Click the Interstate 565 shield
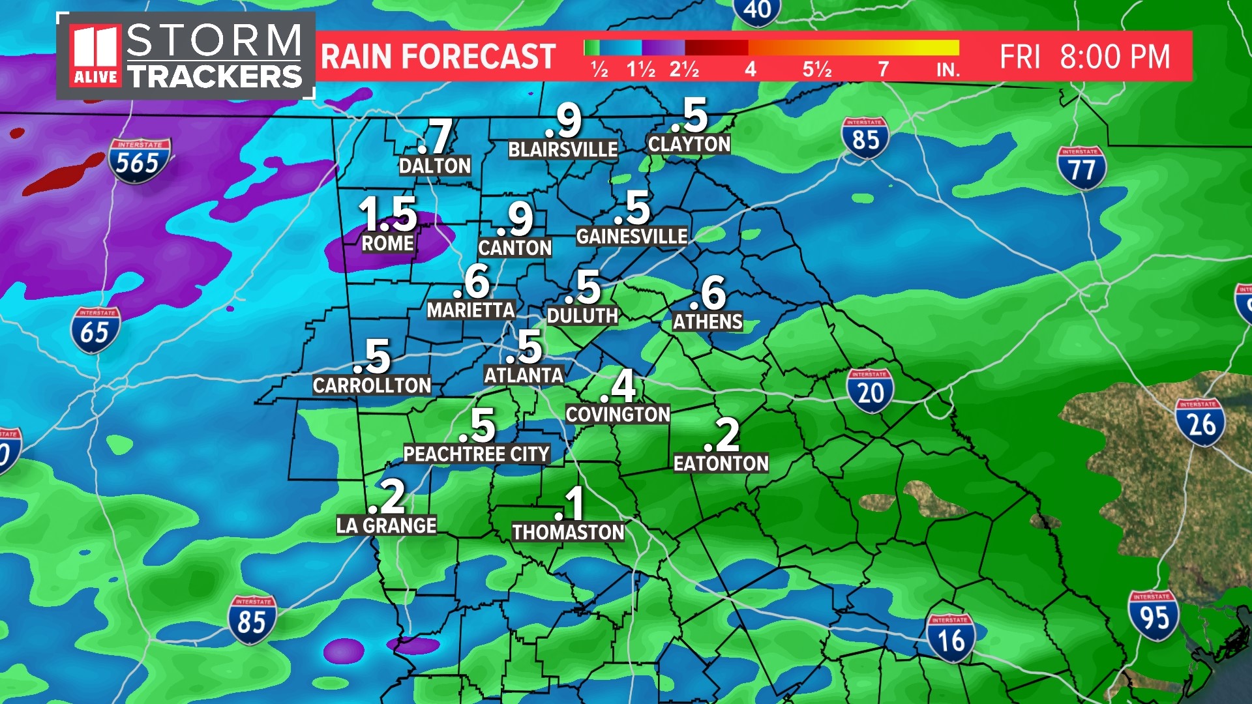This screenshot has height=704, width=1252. tap(139, 160)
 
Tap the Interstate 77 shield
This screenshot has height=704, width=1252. tap(1081, 168)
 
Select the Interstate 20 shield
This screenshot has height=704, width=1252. tap(870, 390)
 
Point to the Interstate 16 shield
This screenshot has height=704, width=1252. tap(950, 638)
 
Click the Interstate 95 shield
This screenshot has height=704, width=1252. tap(1153, 615)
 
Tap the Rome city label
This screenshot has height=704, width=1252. tap(388, 244)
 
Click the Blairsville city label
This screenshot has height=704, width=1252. tap(563, 150)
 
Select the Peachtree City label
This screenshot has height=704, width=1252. tap(476, 454)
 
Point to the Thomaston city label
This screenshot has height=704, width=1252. tap(568, 533)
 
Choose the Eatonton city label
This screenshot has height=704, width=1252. tap(721, 463)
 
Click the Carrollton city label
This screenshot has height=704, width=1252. tap(372, 385)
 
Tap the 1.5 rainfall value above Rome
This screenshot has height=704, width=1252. tap(388, 214)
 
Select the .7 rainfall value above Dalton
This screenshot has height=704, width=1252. tap(436, 137)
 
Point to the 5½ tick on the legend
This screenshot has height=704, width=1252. tap(817, 68)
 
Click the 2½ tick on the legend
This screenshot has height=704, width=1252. tap(684, 68)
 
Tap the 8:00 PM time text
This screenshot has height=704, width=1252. tap(1114, 57)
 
